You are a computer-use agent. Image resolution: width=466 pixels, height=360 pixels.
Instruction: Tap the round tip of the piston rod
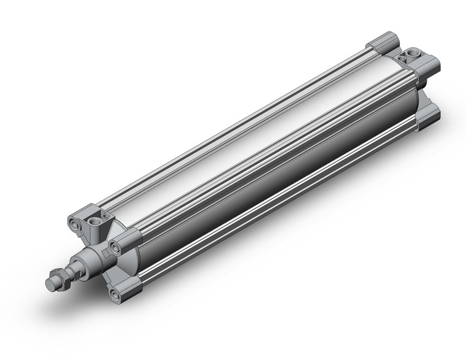tap(50, 286)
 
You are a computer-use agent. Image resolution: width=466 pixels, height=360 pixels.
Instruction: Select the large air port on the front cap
tap(94, 219)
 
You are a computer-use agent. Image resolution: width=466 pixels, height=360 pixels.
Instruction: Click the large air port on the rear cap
tap(410, 59)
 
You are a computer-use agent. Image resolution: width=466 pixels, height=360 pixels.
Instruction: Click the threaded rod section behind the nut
tap(75, 272)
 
